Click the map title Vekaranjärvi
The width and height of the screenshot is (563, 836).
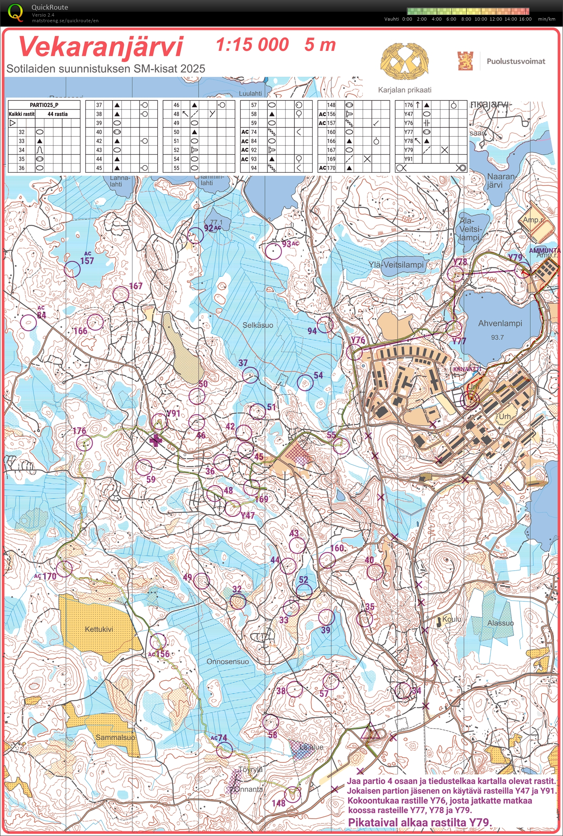(x=101, y=47)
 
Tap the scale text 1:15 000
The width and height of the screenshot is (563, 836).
(x=252, y=44)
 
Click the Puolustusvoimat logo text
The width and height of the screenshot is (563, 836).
(x=515, y=61)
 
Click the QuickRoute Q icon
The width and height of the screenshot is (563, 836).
(x=15, y=12)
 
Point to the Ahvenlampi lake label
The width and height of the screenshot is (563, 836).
(x=500, y=324)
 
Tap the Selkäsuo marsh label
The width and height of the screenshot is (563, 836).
(x=258, y=325)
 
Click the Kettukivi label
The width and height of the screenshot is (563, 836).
(x=99, y=629)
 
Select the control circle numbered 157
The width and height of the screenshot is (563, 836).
(x=72, y=269)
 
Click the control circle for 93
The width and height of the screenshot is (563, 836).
(x=273, y=251)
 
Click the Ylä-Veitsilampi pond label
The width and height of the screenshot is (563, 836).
(x=396, y=265)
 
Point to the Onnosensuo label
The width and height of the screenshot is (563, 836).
(x=228, y=662)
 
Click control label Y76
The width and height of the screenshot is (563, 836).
(x=358, y=340)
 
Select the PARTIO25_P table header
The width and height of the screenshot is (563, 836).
(x=44, y=105)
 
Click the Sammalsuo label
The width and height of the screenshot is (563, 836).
(x=115, y=737)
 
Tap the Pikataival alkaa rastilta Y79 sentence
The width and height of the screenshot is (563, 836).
(x=420, y=822)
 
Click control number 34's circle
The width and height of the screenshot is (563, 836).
(x=403, y=690)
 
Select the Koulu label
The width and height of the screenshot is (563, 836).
(x=451, y=619)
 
